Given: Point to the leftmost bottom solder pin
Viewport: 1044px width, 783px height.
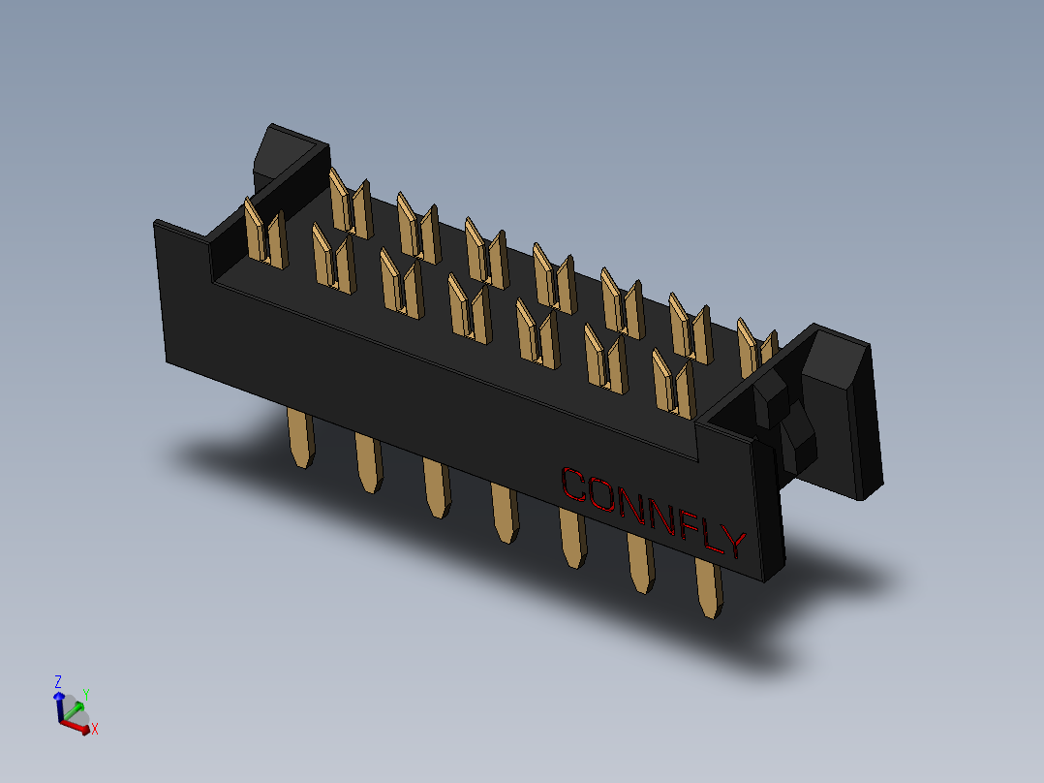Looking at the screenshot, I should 302,437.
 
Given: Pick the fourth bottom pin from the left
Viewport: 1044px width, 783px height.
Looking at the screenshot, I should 504,513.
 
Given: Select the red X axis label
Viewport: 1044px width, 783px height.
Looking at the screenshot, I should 95,729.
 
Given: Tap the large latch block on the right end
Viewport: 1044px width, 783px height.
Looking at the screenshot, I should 840,407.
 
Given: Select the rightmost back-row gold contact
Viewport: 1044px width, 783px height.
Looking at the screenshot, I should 758,347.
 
